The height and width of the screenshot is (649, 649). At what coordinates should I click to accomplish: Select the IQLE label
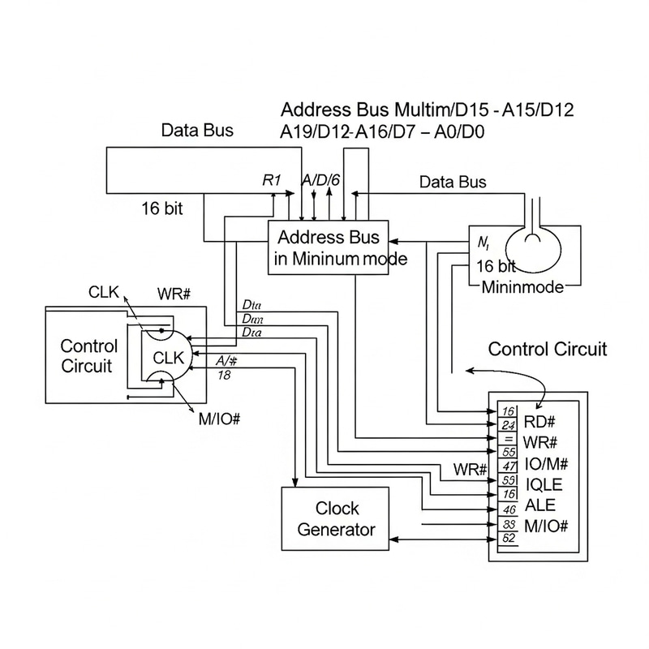pos(544,484)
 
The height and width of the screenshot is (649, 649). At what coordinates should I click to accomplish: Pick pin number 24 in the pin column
pos(510,424)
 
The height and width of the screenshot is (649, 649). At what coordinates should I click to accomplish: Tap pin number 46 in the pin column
pos(510,509)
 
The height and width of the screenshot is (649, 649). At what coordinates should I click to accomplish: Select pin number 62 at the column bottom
pos(510,537)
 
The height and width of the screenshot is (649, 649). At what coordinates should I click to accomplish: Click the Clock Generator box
pos(336,519)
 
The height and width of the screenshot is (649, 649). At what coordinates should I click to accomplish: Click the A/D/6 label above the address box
pos(320,181)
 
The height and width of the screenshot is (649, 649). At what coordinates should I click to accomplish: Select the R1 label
pos(272,181)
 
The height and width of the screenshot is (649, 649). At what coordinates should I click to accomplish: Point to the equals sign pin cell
pos(510,439)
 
